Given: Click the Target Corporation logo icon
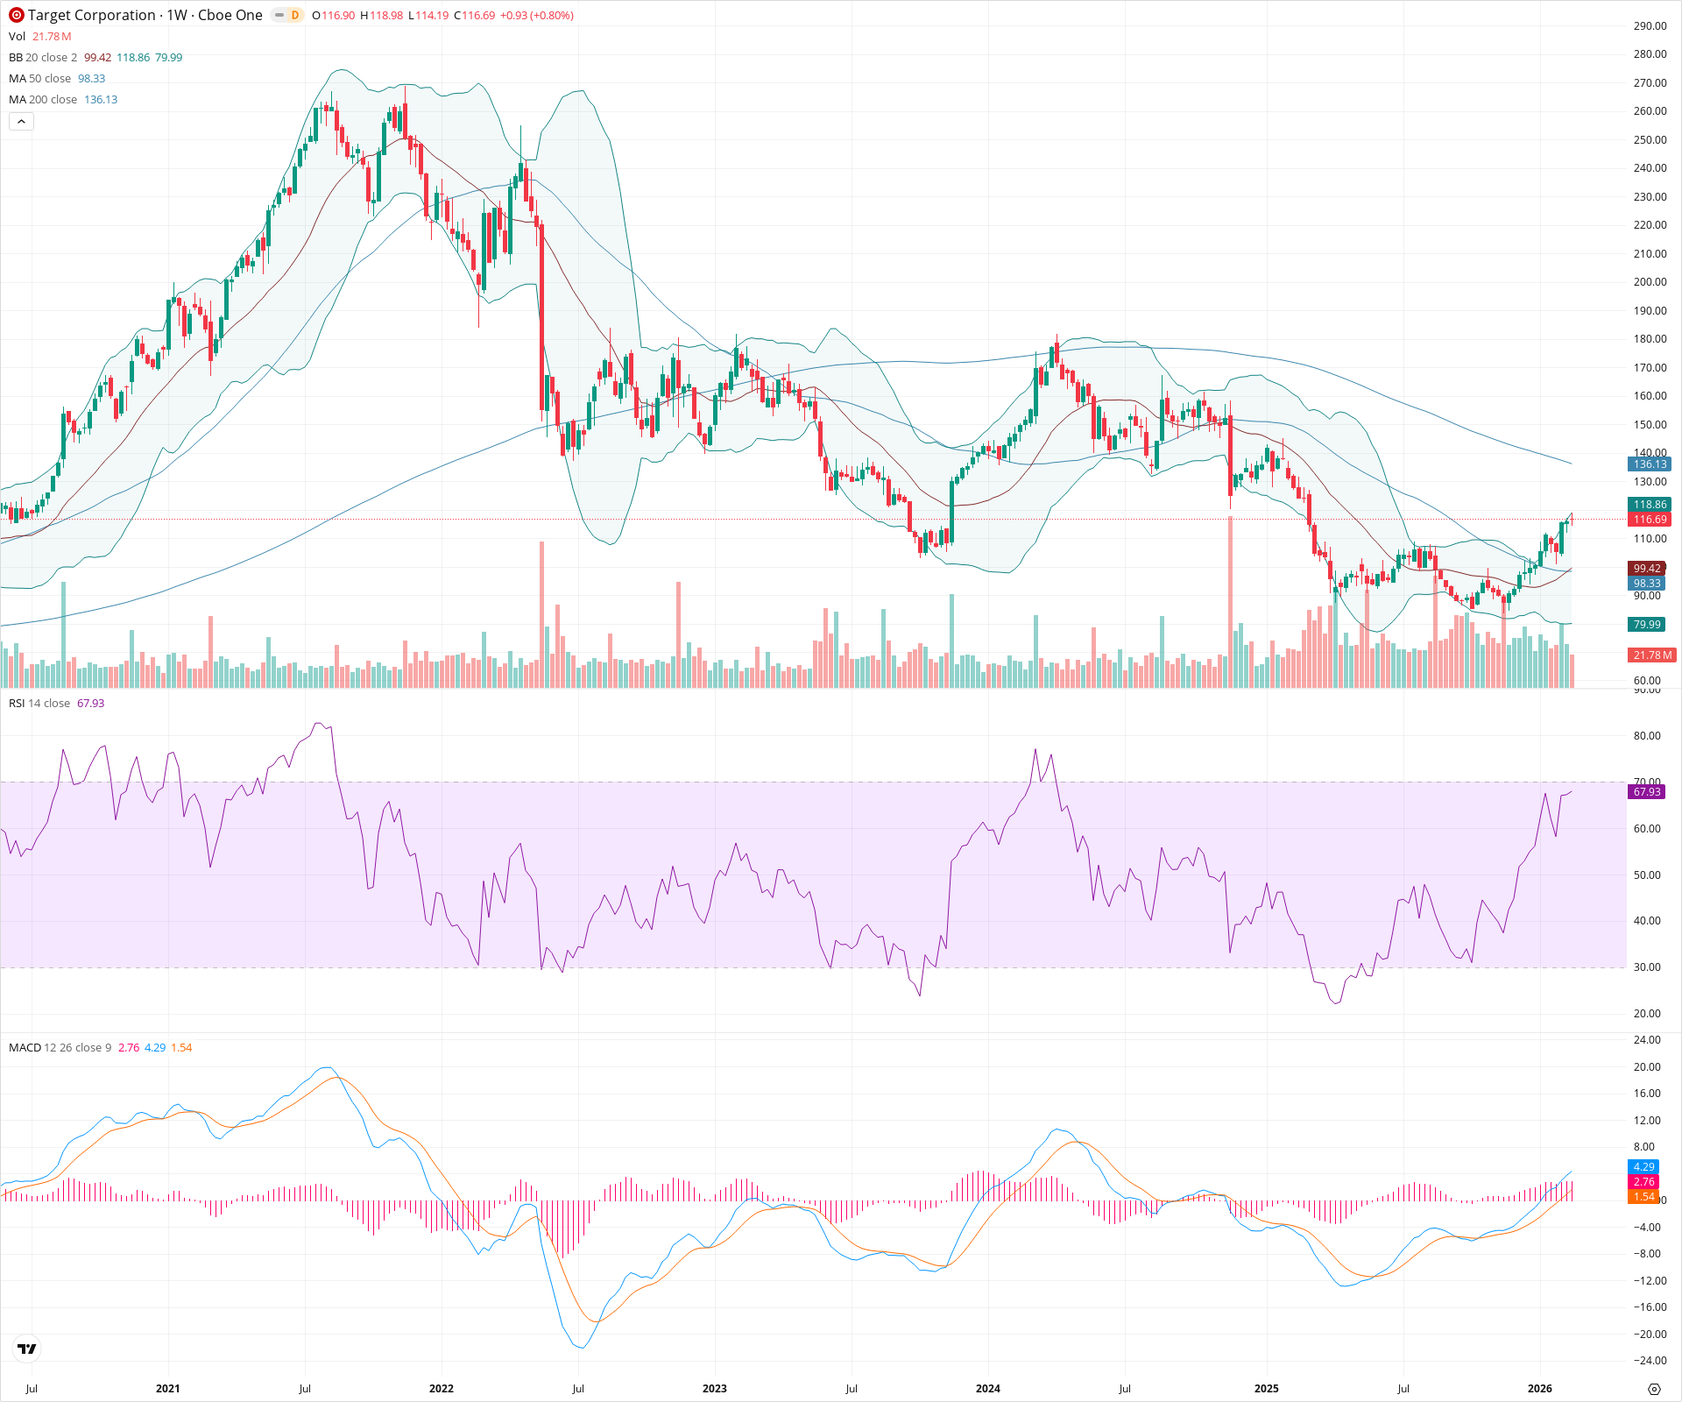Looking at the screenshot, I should click(16, 15).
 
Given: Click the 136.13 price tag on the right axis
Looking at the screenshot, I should click(1650, 464).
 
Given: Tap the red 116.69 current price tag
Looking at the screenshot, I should click(1650, 520).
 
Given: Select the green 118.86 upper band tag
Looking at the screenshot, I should click(1650, 505).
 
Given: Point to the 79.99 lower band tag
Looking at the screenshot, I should click(1647, 625).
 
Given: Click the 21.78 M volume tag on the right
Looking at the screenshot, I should click(1651, 655).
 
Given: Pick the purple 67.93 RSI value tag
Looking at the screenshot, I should click(1647, 792).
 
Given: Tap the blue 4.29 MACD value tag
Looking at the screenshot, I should click(1643, 1167).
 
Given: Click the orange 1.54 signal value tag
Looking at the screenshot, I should click(1643, 1197).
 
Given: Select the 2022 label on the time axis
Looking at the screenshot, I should click(441, 1389).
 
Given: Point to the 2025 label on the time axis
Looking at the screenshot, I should click(1266, 1389).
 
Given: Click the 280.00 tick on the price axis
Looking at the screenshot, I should click(1650, 54).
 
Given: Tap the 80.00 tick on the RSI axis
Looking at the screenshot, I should click(1647, 736).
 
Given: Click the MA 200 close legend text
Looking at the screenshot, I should click(43, 100).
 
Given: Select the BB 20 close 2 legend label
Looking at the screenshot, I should click(43, 58).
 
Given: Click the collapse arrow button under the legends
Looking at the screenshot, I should click(21, 122).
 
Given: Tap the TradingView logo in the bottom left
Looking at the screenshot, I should click(27, 1349).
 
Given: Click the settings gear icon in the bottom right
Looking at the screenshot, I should click(1654, 1389).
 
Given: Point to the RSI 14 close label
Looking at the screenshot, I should click(39, 704).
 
